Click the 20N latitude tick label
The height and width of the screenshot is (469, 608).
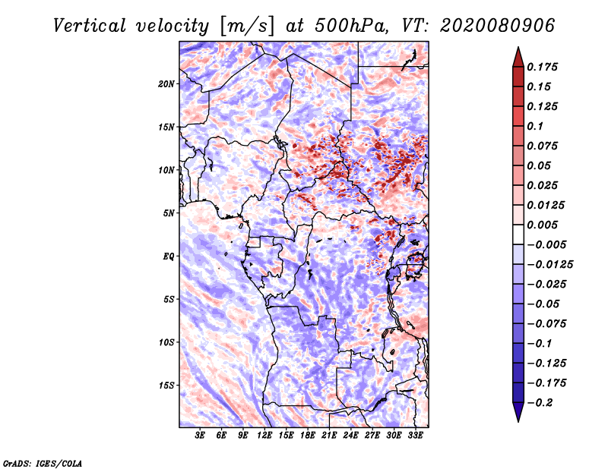[166, 83]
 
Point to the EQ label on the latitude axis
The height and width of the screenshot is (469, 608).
[168, 257]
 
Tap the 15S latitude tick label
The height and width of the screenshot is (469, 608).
[166, 386]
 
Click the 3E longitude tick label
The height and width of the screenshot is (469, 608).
[201, 436]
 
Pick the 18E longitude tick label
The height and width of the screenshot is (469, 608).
[308, 436]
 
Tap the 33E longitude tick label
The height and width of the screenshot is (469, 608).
[415, 436]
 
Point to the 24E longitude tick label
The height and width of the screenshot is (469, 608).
[350, 436]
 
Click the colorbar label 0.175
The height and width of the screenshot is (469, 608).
[543, 67]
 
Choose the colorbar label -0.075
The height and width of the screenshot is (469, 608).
[546, 323]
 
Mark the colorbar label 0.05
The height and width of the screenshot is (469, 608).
[539, 165]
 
